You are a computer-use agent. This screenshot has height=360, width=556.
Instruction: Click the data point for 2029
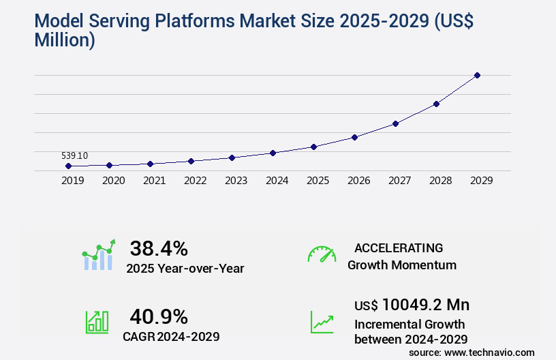coord(477,75)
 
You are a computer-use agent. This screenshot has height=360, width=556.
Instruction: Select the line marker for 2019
coord(68,166)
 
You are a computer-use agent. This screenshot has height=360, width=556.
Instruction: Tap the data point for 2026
coord(354,137)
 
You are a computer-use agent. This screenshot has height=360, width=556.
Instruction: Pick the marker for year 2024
coord(273,153)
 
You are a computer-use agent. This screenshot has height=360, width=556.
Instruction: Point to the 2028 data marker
coord(436,104)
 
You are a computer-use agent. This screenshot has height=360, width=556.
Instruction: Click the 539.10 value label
coord(74,156)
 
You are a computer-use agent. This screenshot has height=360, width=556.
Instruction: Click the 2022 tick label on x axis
coord(195,181)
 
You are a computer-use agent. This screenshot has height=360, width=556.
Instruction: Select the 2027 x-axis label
coord(399,181)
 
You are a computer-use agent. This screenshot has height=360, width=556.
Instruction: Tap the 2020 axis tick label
coord(113,181)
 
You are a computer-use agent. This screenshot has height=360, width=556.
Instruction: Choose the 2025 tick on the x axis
coord(318,181)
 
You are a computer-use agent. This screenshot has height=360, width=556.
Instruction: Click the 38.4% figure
coord(159,249)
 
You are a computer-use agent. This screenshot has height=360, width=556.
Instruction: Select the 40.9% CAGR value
coord(159,316)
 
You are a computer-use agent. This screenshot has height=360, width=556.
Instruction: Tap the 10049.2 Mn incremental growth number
coord(425,305)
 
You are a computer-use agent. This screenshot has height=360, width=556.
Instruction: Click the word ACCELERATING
coord(399,248)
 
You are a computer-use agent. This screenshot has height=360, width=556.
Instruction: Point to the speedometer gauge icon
coord(322,254)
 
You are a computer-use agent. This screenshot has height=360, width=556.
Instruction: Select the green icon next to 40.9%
coord(96,322)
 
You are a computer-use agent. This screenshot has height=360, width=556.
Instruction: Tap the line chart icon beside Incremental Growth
coord(322,322)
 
